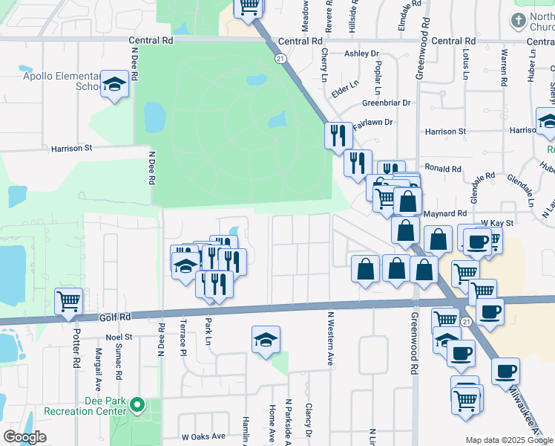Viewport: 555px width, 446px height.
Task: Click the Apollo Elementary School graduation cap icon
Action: (115, 85)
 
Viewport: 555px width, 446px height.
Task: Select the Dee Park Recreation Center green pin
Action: (137, 405)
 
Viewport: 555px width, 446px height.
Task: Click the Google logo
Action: (24, 437)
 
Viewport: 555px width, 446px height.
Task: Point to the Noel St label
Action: (119, 337)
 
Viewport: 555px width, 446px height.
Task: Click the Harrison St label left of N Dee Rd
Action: (71, 148)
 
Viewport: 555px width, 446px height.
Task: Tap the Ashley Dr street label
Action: (361, 54)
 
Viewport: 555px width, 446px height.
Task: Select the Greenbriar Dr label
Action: (386, 103)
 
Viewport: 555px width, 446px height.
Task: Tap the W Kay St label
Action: (497, 222)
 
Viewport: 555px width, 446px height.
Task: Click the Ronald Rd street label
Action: (443, 169)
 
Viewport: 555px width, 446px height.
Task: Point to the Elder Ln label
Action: (345, 86)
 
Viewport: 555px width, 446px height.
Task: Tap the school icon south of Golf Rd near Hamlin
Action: (266, 339)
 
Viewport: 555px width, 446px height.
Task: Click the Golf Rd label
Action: (115, 317)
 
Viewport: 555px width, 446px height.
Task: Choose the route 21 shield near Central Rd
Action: (280, 57)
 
